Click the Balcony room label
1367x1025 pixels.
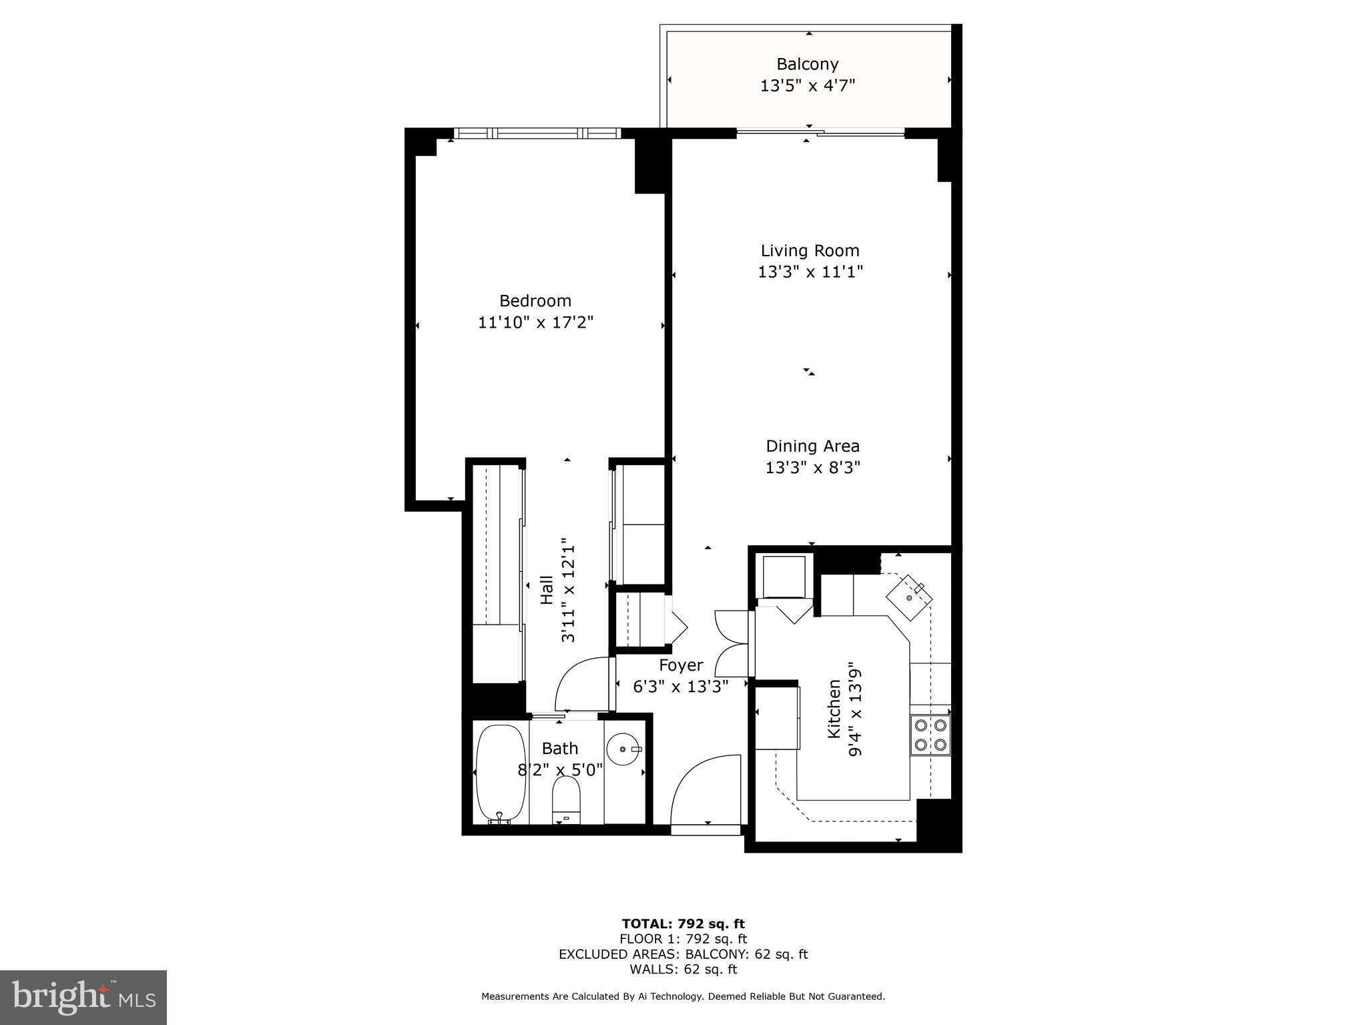tap(807, 64)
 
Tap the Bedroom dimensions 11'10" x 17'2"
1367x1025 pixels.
tap(535, 322)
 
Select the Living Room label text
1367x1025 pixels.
tap(810, 250)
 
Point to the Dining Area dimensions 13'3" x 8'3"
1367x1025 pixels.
tap(812, 467)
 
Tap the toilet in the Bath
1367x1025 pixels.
tap(567, 799)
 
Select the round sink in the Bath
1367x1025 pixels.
tap(625, 750)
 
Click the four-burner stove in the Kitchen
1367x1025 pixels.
tap(930, 735)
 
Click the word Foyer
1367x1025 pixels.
tap(681, 665)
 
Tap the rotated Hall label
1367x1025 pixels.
tap(547, 590)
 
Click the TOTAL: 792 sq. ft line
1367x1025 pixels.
tap(683, 924)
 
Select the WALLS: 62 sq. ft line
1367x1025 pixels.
tap(683, 969)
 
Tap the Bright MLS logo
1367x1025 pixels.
tap(83, 997)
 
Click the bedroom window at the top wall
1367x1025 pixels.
tap(537, 133)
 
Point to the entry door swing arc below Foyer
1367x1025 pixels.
tap(704, 791)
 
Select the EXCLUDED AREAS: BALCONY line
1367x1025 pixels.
tap(683, 954)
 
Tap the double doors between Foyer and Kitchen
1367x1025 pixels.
tap(732, 643)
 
